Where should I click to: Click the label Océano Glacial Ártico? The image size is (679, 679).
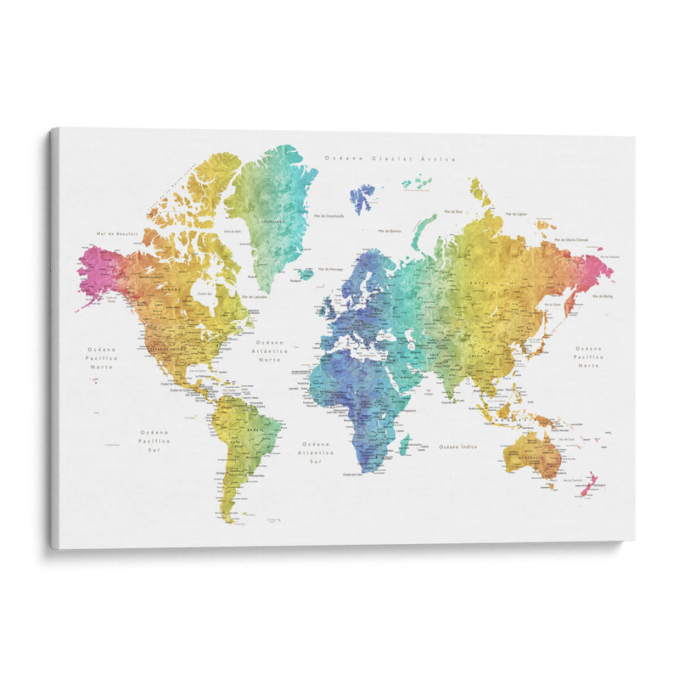click(390, 159)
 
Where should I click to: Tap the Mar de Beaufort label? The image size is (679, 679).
click(115, 232)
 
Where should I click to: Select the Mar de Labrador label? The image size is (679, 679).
click(255, 296)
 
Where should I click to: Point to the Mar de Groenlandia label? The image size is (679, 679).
click(329, 216)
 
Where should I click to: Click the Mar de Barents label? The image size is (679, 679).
click(389, 231)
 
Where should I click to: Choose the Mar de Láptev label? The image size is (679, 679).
click(517, 215)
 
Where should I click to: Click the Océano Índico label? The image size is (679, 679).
click(457, 446)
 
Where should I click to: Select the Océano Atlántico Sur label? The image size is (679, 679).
click(315, 452)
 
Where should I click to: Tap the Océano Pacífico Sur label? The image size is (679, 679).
click(155, 441)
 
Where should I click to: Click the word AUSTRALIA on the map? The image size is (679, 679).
click(531, 459)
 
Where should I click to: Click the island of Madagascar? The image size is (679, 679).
click(406, 444)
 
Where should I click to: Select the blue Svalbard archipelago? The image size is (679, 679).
click(362, 197)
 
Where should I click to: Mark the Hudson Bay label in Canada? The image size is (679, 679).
click(205, 294)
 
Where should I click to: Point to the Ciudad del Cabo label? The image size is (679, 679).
click(356, 475)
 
